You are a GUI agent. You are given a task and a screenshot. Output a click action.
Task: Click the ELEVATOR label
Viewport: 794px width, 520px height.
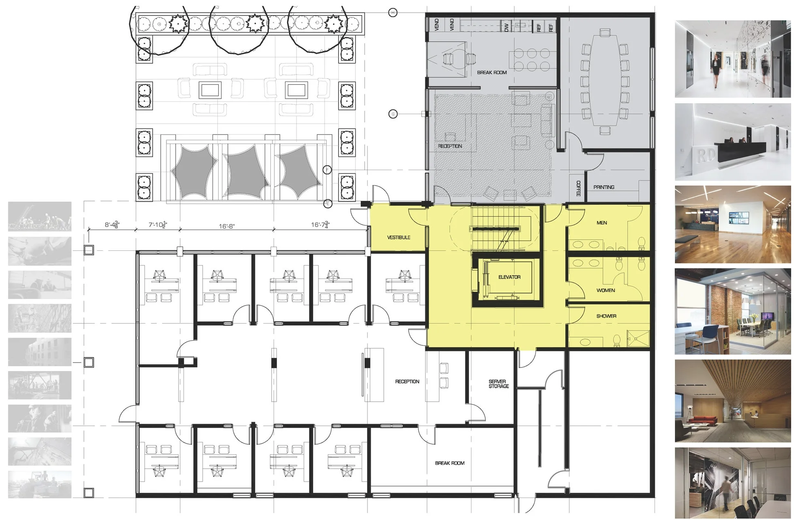click(509, 277)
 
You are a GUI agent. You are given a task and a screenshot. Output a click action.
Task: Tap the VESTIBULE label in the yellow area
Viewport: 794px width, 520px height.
click(398, 237)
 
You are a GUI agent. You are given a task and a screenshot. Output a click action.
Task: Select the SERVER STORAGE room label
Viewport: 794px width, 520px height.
click(498, 384)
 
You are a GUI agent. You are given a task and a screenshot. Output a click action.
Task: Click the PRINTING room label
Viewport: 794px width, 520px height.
click(604, 187)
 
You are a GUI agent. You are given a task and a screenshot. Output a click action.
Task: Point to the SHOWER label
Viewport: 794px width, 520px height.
click(606, 316)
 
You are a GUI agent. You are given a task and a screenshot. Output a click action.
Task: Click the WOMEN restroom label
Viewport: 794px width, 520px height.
click(606, 290)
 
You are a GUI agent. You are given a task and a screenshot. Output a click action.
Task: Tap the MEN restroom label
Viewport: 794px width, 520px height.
click(602, 223)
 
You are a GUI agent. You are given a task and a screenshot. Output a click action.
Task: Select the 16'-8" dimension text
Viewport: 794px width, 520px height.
click(227, 226)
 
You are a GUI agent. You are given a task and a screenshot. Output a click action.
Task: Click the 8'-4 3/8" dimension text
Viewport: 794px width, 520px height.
click(112, 224)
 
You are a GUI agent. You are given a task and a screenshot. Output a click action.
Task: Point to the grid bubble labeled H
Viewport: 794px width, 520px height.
click(393, 13)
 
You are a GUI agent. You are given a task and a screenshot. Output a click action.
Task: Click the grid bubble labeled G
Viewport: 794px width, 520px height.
click(393, 114)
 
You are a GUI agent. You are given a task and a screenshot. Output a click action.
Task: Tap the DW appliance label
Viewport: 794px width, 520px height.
click(506, 27)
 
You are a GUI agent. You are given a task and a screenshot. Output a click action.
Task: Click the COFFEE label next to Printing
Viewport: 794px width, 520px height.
click(578, 188)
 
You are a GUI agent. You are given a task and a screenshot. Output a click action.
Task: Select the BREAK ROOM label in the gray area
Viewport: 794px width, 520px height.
click(492, 73)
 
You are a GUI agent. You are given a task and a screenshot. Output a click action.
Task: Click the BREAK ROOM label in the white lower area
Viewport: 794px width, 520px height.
click(449, 463)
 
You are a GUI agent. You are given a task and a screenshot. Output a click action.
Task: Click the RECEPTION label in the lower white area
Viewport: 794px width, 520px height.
click(407, 382)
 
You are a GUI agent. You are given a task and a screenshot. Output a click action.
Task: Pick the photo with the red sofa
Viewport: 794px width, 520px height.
click(732, 401)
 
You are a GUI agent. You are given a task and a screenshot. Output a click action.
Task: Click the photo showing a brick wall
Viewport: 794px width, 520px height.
click(732, 311)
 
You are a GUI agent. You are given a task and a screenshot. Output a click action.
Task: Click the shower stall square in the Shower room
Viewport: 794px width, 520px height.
click(637, 339)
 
